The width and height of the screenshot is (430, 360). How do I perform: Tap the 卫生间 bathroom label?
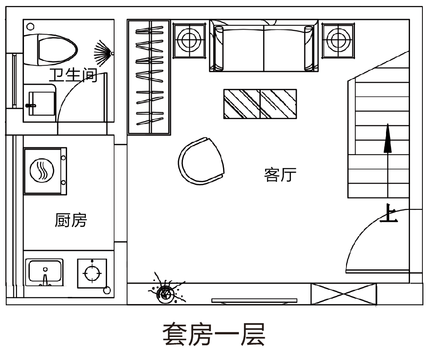pyautogui.click(x=73, y=75)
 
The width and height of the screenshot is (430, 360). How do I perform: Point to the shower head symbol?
pyautogui.click(x=105, y=52)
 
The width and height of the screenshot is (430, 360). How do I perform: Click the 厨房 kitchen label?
pyautogui.click(x=71, y=220)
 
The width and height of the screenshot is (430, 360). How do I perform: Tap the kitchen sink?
pyautogui.click(x=45, y=272)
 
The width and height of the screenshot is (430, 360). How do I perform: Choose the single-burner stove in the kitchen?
pyautogui.click(x=92, y=272)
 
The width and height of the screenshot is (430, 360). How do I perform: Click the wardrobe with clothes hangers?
pyautogui.click(x=149, y=77)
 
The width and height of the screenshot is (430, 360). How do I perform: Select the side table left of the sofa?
pyautogui.click(x=189, y=40)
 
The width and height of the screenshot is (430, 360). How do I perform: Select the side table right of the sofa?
pyautogui.click(x=338, y=40)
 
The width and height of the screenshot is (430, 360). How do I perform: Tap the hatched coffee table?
pyautogui.click(x=260, y=104)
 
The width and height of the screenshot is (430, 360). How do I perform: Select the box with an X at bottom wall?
pyautogui.click(x=343, y=294)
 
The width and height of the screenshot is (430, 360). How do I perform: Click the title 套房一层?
pyautogui.click(x=214, y=334)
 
